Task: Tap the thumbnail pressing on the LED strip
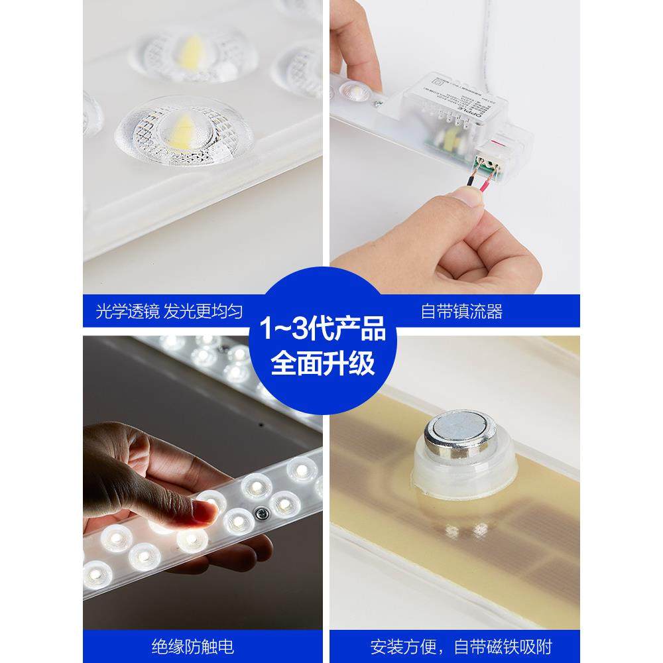pos(206,510)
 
